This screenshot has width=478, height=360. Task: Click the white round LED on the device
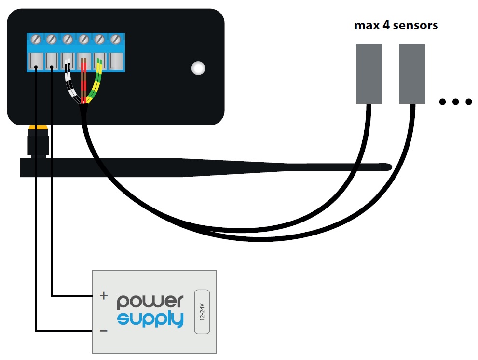coord(198,68)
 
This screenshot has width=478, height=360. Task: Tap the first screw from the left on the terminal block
coord(36,40)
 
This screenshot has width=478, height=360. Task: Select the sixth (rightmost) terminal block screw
coord(116,40)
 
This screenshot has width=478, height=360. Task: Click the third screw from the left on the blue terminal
coord(68,40)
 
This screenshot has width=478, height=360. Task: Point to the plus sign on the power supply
coord(104,295)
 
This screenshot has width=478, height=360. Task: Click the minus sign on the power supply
coord(104,331)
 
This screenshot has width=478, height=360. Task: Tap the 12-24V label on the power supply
coord(202,312)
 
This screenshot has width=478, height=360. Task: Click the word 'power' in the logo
coord(150,302)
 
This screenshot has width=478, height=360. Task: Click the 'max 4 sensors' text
coord(396,25)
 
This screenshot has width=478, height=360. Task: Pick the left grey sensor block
coord(369,73)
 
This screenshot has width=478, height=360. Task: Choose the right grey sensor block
coord(412,73)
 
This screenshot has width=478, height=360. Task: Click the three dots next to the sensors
coord(455,102)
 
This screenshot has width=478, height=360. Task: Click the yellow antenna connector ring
coord(38,127)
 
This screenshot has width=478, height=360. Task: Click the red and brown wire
coord(84,81)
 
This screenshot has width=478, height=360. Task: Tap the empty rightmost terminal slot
coord(116,61)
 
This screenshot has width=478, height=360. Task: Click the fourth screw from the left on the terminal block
coord(83,40)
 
